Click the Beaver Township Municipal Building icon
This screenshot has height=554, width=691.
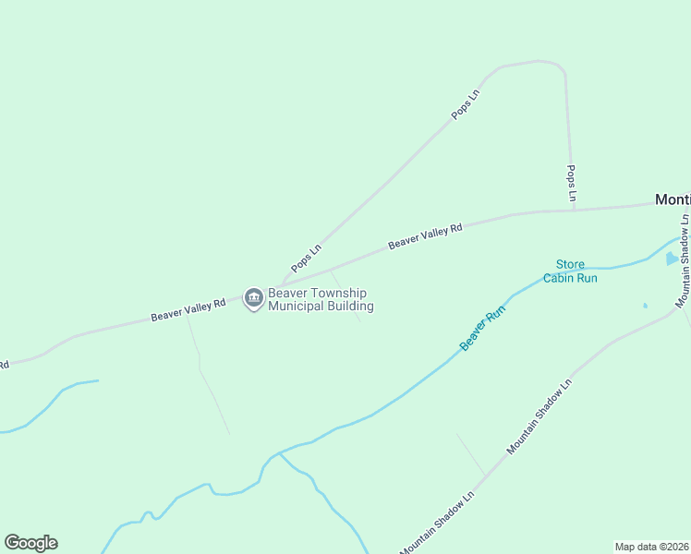[253, 299]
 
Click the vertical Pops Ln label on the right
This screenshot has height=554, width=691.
[572, 184]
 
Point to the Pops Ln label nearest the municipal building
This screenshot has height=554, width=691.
[307, 258]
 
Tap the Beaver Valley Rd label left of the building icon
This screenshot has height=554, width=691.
[188, 310]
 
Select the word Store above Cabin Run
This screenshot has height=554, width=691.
[570, 265]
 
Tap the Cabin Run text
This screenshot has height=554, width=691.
[570, 278]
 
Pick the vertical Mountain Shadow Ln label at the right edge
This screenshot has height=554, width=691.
[683, 261]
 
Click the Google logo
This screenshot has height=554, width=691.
[30, 543]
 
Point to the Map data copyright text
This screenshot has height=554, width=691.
[651, 547]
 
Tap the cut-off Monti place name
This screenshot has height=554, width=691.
[673, 199]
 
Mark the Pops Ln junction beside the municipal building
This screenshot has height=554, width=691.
[281, 285]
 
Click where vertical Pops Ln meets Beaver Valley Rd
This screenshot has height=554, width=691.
[574, 210]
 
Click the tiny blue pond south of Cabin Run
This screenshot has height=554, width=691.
[645, 306]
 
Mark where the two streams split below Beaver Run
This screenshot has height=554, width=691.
[277, 454]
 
